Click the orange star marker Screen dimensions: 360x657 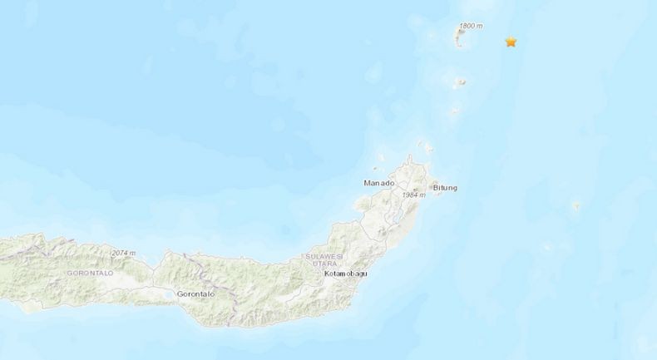511,42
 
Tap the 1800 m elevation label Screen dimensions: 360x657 470,27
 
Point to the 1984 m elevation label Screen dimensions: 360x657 413,195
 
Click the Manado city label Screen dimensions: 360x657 378,182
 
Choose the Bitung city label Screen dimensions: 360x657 443,188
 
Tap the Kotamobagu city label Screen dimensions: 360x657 345,273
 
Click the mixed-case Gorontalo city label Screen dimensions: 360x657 196,294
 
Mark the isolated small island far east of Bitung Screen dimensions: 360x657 576,205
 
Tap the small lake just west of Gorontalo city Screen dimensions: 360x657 168,294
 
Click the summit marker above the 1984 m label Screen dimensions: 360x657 415,189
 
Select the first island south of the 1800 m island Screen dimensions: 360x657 459,81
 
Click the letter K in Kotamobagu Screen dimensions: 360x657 326,273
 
